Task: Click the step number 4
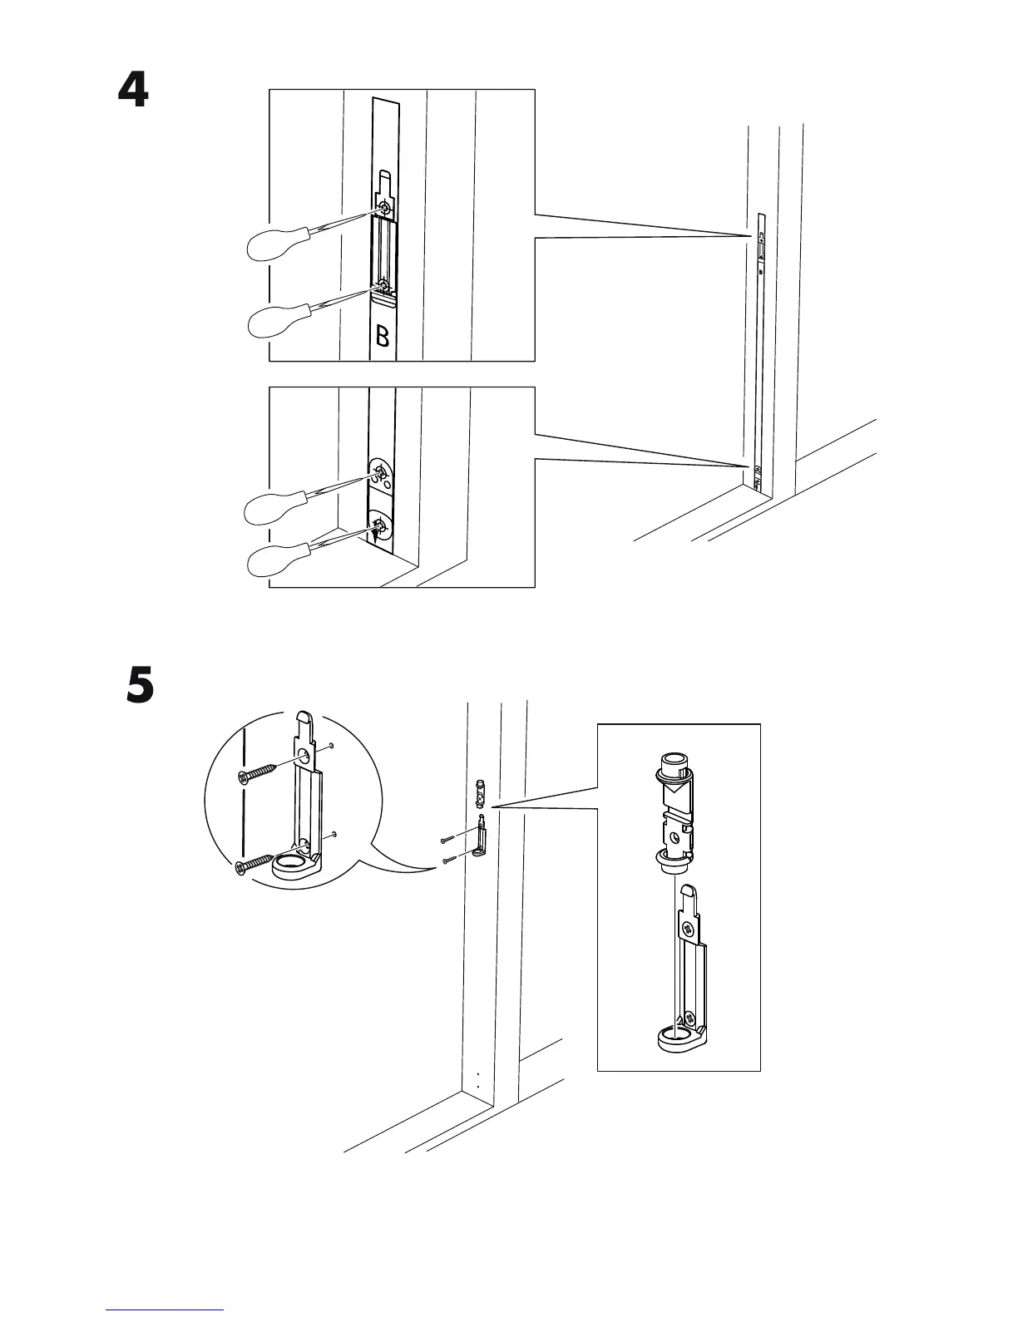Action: pos(133,91)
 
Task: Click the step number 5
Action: pos(140,687)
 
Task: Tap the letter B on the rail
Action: pos(382,337)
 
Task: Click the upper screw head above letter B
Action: pos(384,207)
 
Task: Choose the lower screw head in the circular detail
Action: pos(243,867)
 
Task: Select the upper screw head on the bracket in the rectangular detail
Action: pos(687,927)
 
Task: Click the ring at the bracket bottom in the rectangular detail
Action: pos(676,1037)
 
